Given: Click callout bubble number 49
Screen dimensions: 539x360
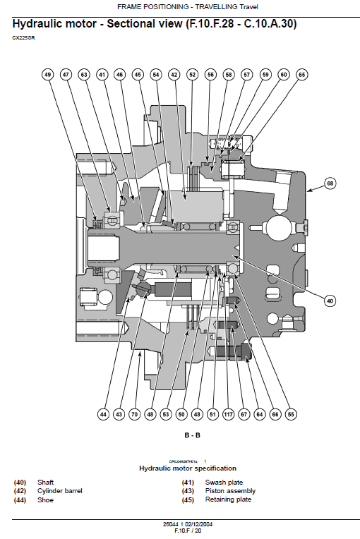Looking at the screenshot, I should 47,74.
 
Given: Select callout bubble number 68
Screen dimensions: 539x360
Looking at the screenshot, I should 330,183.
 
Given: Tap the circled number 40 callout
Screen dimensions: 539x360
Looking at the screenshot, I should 329,301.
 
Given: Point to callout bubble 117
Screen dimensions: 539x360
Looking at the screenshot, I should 229,415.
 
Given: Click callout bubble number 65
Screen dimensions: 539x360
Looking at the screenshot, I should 301,74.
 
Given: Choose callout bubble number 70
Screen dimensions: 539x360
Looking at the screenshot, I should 133,415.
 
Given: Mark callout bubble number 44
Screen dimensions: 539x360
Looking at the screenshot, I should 103,415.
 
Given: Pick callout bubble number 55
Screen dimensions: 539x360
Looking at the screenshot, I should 291,415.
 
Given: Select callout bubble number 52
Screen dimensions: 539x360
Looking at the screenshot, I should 192,74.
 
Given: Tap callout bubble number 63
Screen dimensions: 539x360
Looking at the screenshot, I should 84,74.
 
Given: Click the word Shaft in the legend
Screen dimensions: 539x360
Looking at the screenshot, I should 46,482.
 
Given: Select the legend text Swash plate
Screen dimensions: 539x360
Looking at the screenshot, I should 224,482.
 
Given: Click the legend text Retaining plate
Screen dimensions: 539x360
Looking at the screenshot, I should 228,499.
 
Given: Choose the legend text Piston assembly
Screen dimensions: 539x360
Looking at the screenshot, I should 230,491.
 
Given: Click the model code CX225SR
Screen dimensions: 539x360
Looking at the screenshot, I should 23,37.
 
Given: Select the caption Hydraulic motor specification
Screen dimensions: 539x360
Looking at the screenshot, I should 188,468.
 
